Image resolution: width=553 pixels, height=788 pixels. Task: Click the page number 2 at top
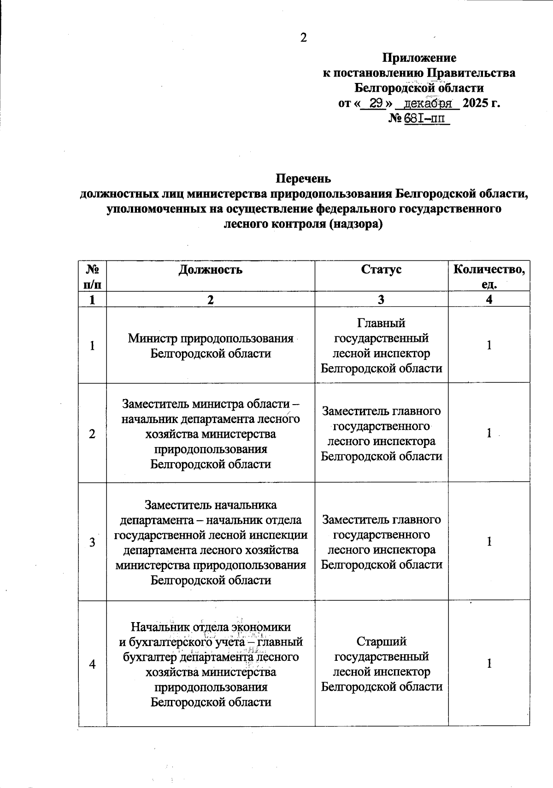(303, 38)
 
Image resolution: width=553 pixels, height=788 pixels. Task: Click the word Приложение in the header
(419, 58)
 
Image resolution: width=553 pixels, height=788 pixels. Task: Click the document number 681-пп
(425, 118)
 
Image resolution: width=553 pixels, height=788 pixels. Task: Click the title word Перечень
(303, 178)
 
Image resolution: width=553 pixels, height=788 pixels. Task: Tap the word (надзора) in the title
(356, 224)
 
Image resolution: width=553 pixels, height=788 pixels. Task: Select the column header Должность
(211, 270)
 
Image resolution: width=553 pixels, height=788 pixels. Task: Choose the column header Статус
(381, 270)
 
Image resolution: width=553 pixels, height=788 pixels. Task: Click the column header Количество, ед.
(489, 276)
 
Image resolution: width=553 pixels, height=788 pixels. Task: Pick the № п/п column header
(93, 276)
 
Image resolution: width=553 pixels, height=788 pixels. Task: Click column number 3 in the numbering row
(381, 300)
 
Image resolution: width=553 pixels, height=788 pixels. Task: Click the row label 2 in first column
(93, 434)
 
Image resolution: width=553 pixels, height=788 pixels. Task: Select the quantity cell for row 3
(489, 541)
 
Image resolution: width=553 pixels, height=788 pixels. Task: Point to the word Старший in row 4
(381, 641)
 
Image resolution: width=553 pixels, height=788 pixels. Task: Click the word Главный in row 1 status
(381, 323)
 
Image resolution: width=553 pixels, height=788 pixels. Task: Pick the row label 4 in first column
(93, 664)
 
